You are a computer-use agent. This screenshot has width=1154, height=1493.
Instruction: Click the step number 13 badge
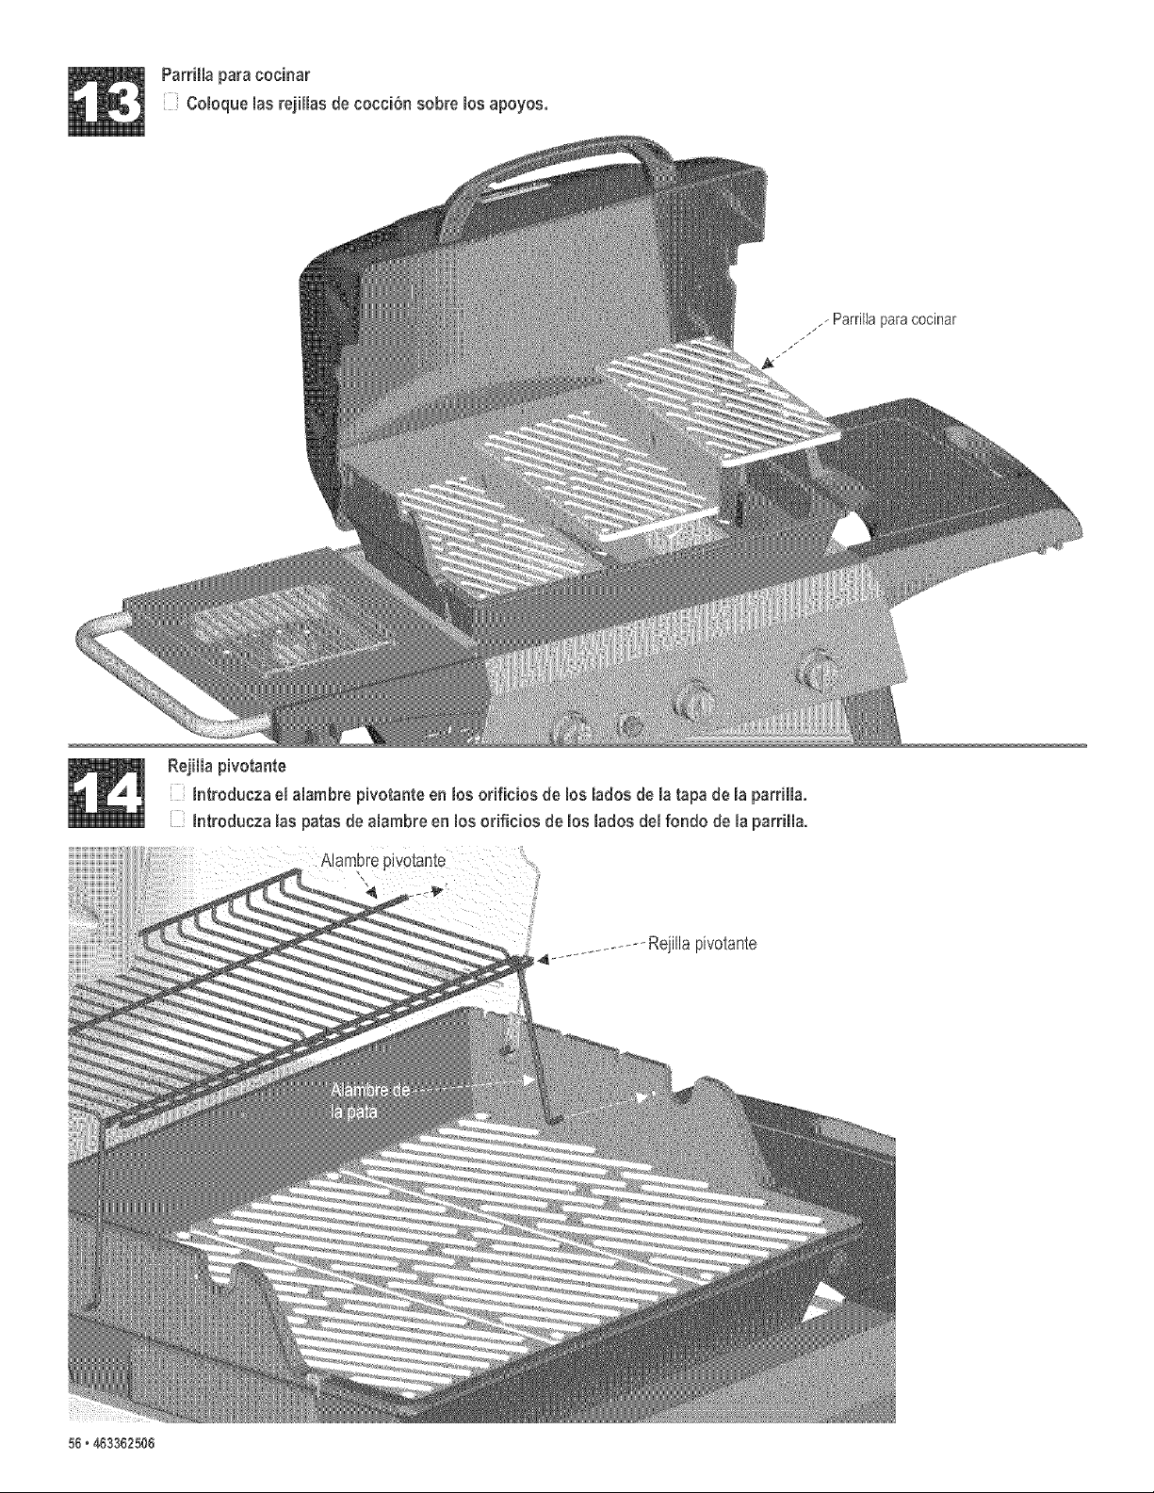click(106, 103)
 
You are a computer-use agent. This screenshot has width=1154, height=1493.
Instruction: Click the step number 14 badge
click(106, 793)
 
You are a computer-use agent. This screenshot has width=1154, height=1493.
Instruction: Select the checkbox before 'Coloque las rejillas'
click(171, 104)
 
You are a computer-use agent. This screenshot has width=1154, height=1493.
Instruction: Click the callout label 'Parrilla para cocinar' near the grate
click(894, 319)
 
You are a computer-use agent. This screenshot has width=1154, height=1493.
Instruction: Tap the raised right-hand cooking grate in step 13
click(722, 398)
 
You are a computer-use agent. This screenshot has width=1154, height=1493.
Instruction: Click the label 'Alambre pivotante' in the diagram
click(383, 862)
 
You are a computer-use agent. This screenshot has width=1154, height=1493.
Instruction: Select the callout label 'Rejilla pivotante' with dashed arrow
click(702, 944)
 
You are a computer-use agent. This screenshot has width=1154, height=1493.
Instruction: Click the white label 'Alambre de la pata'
click(369, 1101)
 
